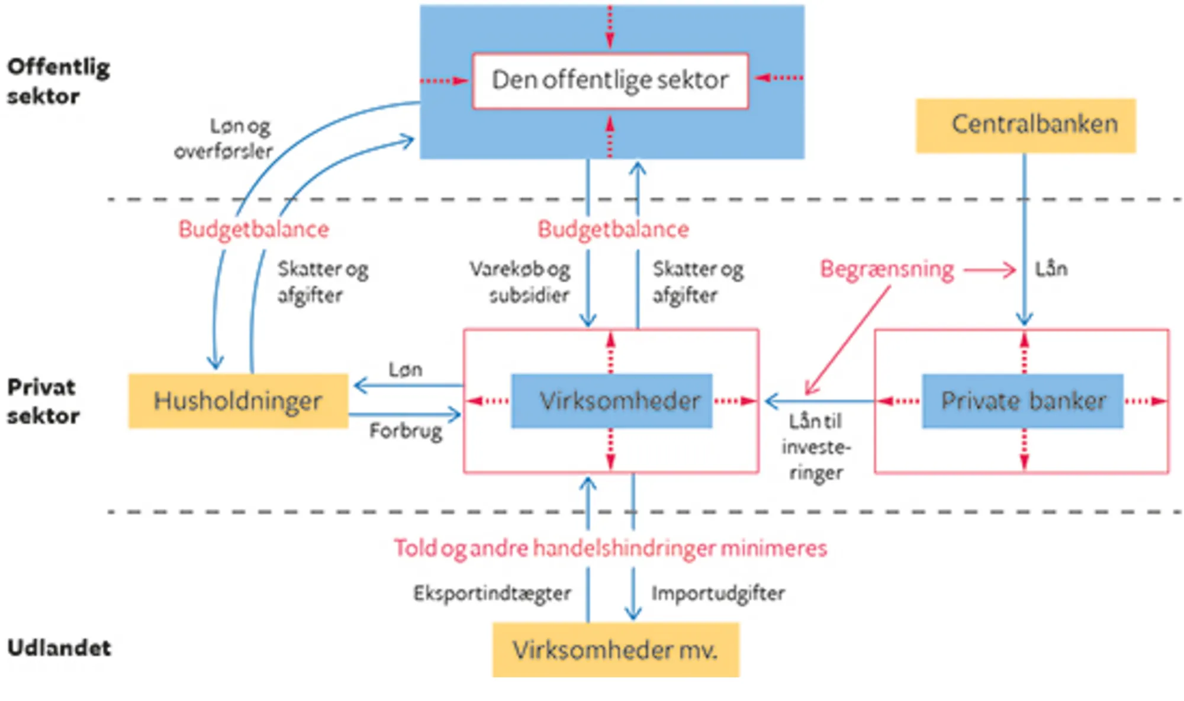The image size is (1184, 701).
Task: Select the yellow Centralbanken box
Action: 1025,125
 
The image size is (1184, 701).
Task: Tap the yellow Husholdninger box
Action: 238,400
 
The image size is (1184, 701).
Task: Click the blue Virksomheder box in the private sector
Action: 612,400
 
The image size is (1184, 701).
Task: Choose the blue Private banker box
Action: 1022,400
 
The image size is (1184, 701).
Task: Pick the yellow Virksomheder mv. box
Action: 616,650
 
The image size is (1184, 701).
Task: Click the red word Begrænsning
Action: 887,269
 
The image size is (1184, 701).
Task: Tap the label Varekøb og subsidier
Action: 521,282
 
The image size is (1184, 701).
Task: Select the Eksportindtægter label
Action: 492,593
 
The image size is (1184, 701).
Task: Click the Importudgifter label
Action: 718,593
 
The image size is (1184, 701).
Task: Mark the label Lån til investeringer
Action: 816,447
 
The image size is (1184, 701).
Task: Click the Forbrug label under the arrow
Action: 406,431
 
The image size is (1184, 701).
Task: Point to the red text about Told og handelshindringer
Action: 610,548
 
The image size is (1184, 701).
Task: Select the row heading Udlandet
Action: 59,648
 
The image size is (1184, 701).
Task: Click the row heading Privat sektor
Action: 43,401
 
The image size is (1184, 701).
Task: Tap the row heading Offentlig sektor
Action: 58,81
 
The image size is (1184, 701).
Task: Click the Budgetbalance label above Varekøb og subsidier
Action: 613,230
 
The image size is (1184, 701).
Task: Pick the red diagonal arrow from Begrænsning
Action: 848,340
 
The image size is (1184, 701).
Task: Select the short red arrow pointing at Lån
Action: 989,270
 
